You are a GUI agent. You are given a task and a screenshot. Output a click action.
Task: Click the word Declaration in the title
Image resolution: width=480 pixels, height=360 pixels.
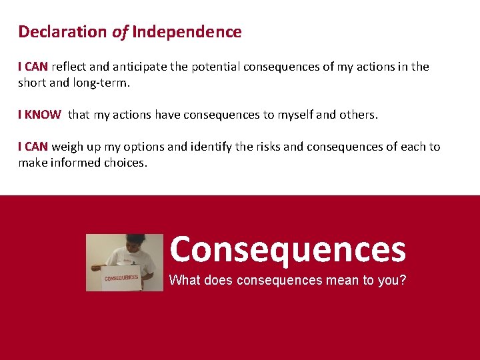(62, 31)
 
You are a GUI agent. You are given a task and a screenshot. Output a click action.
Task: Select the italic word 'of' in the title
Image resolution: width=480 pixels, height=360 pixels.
(120, 31)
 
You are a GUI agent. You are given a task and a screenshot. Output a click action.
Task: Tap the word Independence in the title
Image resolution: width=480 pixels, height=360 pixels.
(187, 31)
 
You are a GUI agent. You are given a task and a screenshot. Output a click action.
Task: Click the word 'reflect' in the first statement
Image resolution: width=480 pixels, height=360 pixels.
(69, 67)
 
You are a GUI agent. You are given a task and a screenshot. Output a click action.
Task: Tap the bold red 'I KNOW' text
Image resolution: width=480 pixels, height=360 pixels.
(39, 115)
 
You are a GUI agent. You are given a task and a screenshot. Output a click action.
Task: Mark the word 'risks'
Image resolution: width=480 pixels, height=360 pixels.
(269, 147)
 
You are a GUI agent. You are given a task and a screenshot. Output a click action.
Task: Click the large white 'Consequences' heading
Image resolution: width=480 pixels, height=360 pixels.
(287, 249)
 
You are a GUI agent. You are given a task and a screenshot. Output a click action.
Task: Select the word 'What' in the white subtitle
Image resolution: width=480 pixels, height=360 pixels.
(185, 280)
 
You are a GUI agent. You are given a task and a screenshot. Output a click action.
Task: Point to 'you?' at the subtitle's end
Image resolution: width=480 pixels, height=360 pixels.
(391, 280)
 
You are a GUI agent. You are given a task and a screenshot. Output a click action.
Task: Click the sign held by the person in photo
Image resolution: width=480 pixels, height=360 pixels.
(121, 277)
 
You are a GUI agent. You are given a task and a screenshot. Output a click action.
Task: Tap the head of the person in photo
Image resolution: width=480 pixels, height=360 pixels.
(135, 243)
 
